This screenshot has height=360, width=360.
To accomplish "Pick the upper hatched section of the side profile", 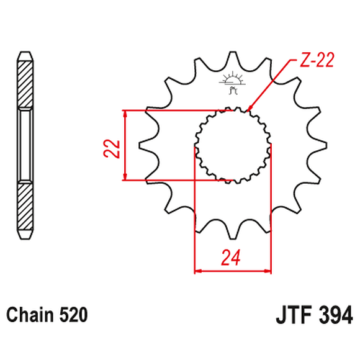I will [x=24, y=81].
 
